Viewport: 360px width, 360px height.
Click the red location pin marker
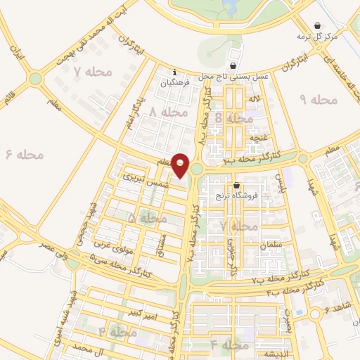[x=181, y=165]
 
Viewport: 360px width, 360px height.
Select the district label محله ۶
[x=24, y=153]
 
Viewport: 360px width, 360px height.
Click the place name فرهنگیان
[x=175, y=83]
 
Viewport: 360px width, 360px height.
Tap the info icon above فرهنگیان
[x=175, y=72]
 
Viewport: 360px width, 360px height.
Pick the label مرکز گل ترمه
[x=332, y=35]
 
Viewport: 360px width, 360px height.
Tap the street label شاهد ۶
[x=342, y=307]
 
